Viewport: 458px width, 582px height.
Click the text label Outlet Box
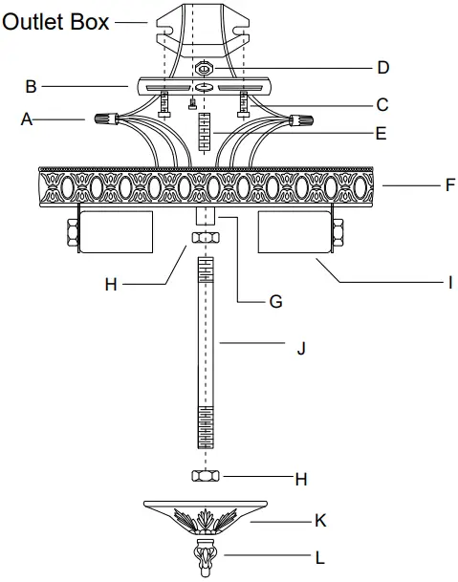(55, 20)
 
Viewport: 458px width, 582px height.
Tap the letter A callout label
(26, 119)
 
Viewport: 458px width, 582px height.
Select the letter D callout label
(382, 68)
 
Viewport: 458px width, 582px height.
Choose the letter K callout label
(321, 521)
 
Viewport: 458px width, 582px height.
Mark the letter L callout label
(321, 554)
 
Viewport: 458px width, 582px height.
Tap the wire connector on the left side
(106, 121)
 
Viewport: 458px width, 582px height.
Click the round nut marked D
(206, 70)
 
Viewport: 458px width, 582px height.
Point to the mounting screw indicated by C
(246, 101)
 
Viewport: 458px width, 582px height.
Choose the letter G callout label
(275, 301)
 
